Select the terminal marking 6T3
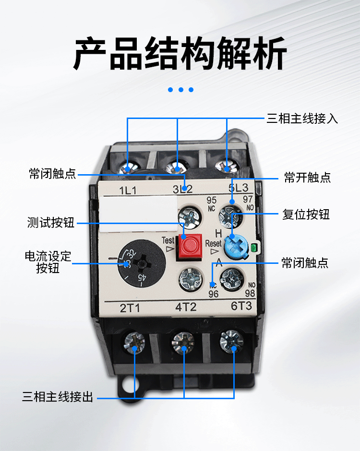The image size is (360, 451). click(x=235, y=307)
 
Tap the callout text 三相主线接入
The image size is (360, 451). click(x=302, y=119)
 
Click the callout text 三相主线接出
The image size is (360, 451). click(x=58, y=397)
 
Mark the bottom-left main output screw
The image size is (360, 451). click(x=134, y=342)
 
